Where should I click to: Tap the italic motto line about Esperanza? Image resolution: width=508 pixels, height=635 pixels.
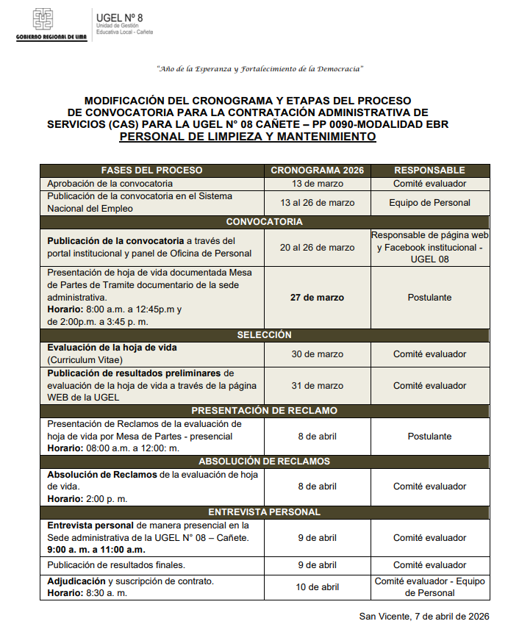[x=260, y=69]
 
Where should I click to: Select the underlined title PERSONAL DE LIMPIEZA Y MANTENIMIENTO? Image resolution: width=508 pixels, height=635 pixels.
[x=247, y=137]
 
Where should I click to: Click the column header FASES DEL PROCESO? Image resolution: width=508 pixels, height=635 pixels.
[x=151, y=170]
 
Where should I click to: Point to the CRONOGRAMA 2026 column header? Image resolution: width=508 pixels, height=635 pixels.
[x=317, y=170]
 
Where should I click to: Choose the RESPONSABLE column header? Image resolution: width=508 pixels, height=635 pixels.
[x=429, y=170]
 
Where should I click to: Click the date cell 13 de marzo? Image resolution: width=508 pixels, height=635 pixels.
[x=317, y=183]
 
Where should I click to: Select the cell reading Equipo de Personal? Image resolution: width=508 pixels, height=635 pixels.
[x=429, y=202]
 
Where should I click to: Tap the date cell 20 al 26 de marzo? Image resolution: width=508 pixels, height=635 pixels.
[x=317, y=247]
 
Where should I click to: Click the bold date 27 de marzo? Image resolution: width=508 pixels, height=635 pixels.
[x=317, y=298]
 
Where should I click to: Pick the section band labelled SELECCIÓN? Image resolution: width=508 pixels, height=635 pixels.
[x=264, y=334]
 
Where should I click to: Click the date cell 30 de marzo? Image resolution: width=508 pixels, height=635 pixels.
[x=317, y=354]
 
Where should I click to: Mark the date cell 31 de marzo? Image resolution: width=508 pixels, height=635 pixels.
[x=317, y=385]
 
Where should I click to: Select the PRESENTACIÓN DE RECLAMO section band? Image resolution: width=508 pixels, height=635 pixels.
[x=264, y=411]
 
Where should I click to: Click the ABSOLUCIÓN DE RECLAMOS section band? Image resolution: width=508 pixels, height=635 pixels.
[x=264, y=461]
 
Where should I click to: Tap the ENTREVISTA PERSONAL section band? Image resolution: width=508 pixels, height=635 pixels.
[x=264, y=512]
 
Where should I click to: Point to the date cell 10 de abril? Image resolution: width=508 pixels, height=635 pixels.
[x=317, y=586]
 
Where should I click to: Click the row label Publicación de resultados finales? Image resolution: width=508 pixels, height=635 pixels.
[x=116, y=565]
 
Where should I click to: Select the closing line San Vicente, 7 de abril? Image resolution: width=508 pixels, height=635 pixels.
[x=424, y=616]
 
